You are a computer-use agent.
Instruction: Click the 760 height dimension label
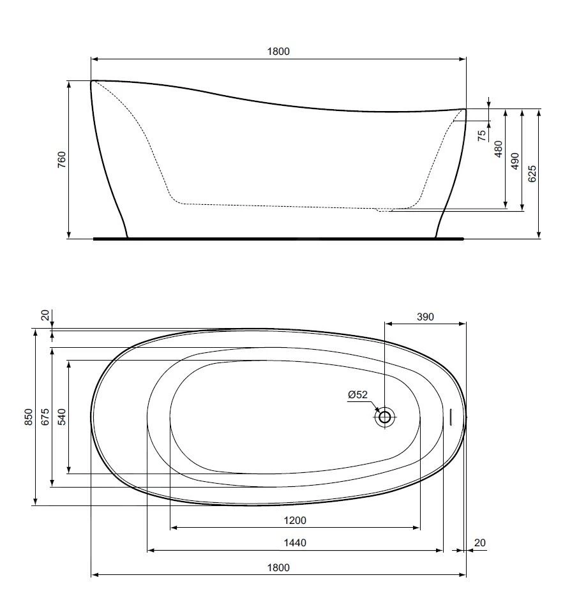[x=62, y=160]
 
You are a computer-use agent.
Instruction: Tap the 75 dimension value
[x=482, y=135]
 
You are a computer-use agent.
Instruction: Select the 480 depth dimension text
[x=499, y=149]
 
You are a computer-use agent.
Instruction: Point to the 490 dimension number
[x=515, y=161]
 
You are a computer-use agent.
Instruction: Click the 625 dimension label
[x=532, y=174]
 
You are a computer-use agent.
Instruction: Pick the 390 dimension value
[x=425, y=317]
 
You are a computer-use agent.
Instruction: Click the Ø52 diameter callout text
[x=357, y=394]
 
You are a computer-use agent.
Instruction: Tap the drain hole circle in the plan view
[x=384, y=417]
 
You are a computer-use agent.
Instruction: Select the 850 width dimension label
[x=29, y=417]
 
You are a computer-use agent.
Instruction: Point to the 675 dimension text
[x=45, y=417]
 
